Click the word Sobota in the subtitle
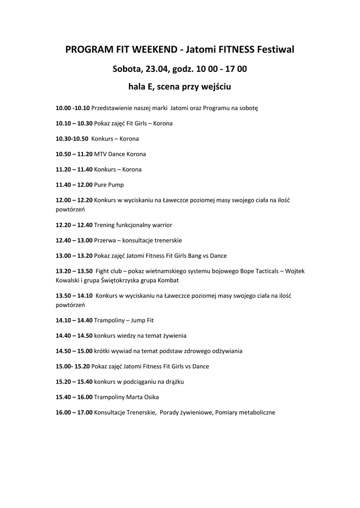(x=127, y=68)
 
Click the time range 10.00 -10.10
(x=72, y=108)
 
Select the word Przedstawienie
(x=112, y=108)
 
